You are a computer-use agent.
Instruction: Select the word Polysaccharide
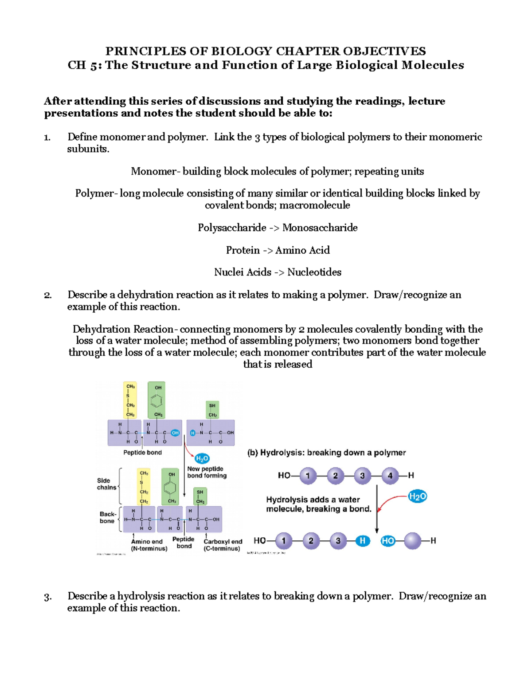tap(232, 228)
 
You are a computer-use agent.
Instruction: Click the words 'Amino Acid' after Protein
tap(302, 250)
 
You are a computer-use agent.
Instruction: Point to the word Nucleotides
tap(314, 272)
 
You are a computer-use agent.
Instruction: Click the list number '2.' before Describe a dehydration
tap(48, 295)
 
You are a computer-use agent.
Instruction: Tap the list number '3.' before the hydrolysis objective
tap(48, 597)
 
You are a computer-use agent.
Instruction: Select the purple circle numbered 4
tap(390, 476)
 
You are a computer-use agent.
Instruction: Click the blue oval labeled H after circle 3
tap(362, 541)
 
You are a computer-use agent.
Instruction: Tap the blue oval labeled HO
tap(388, 541)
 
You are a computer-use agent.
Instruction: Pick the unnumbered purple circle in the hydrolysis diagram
tap(412, 541)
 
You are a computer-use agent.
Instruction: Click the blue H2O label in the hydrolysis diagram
tap(417, 496)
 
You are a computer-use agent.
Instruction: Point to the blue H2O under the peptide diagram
tap(202, 458)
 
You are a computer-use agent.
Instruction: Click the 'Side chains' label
tap(106, 484)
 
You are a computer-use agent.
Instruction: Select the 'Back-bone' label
tap(107, 517)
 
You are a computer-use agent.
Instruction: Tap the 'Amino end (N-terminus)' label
tap(149, 545)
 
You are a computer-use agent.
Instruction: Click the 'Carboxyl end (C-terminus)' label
tap(223, 545)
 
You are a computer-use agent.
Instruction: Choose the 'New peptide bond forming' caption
tap(207, 472)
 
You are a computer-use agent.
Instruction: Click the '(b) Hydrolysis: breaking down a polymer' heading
tap(326, 453)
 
